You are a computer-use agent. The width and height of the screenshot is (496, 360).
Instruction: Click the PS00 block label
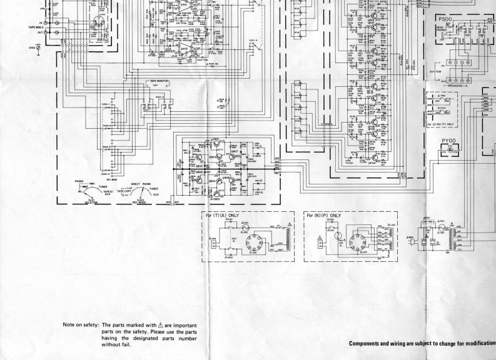tap(443, 19)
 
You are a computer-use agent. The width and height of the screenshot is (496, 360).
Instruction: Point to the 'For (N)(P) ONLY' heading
tap(325, 215)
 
